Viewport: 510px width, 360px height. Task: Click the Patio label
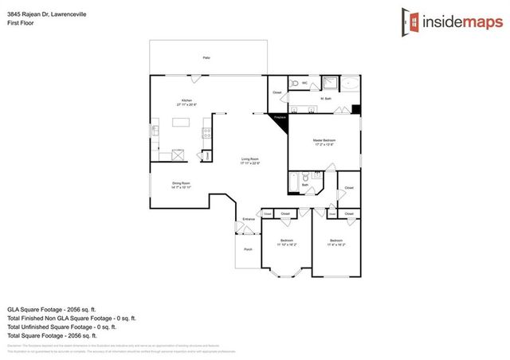(206, 58)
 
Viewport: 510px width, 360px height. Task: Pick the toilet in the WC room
(295, 83)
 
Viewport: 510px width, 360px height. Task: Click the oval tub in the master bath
(351, 83)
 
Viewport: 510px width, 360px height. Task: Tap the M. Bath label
(325, 99)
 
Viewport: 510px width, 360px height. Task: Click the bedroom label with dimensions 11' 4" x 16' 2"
(335, 242)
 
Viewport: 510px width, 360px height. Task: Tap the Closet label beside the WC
(277, 92)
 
